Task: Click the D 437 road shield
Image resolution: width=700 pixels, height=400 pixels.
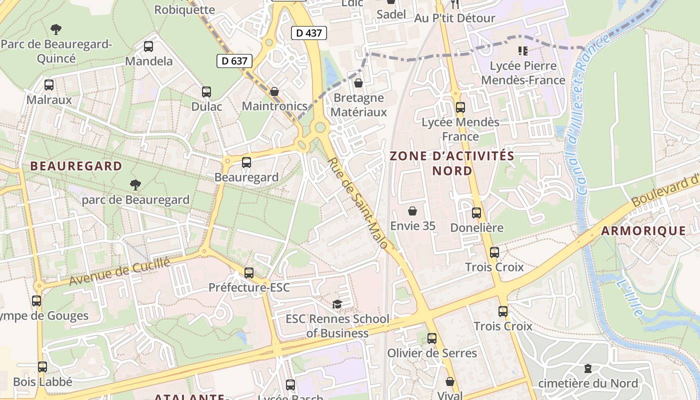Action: click(x=309, y=33)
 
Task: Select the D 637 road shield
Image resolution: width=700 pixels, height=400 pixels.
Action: click(x=234, y=61)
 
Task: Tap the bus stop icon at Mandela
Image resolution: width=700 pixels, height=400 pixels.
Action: click(x=148, y=46)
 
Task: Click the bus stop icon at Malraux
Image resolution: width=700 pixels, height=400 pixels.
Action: click(x=49, y=85)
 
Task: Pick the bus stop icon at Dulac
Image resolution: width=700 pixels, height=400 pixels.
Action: click(x=206, y=92)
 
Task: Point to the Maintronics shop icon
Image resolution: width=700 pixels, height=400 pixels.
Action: click(x=274, y=91)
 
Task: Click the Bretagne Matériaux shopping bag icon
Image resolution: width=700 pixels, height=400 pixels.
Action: click(x=358, y=83)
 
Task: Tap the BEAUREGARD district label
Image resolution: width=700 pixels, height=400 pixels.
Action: click(x=76, y=166)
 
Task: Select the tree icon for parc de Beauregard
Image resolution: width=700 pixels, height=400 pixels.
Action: click(x=135, y=185)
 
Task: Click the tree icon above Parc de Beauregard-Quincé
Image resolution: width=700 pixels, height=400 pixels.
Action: click(x=56, y=29)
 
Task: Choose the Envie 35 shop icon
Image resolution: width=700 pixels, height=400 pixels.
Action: click(x=412, y=211)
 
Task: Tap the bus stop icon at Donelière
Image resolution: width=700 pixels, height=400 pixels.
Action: click(x=476, y=213)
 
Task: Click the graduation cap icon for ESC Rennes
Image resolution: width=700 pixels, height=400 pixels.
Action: click(x=337, y=304)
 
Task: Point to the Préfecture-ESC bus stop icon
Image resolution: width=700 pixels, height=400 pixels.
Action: click(x=249, y=273)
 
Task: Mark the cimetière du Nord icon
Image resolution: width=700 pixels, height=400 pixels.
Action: click(x=588, y=368)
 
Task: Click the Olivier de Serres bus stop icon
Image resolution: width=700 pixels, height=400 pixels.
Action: click(x=432, y=338)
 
